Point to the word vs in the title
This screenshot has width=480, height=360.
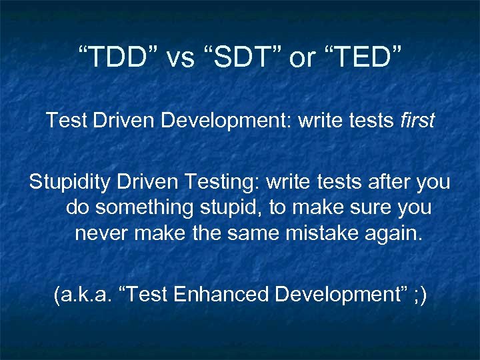coord(179,58)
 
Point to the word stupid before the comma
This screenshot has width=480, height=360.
coord(233,208)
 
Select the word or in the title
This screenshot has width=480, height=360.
coord(302,58)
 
